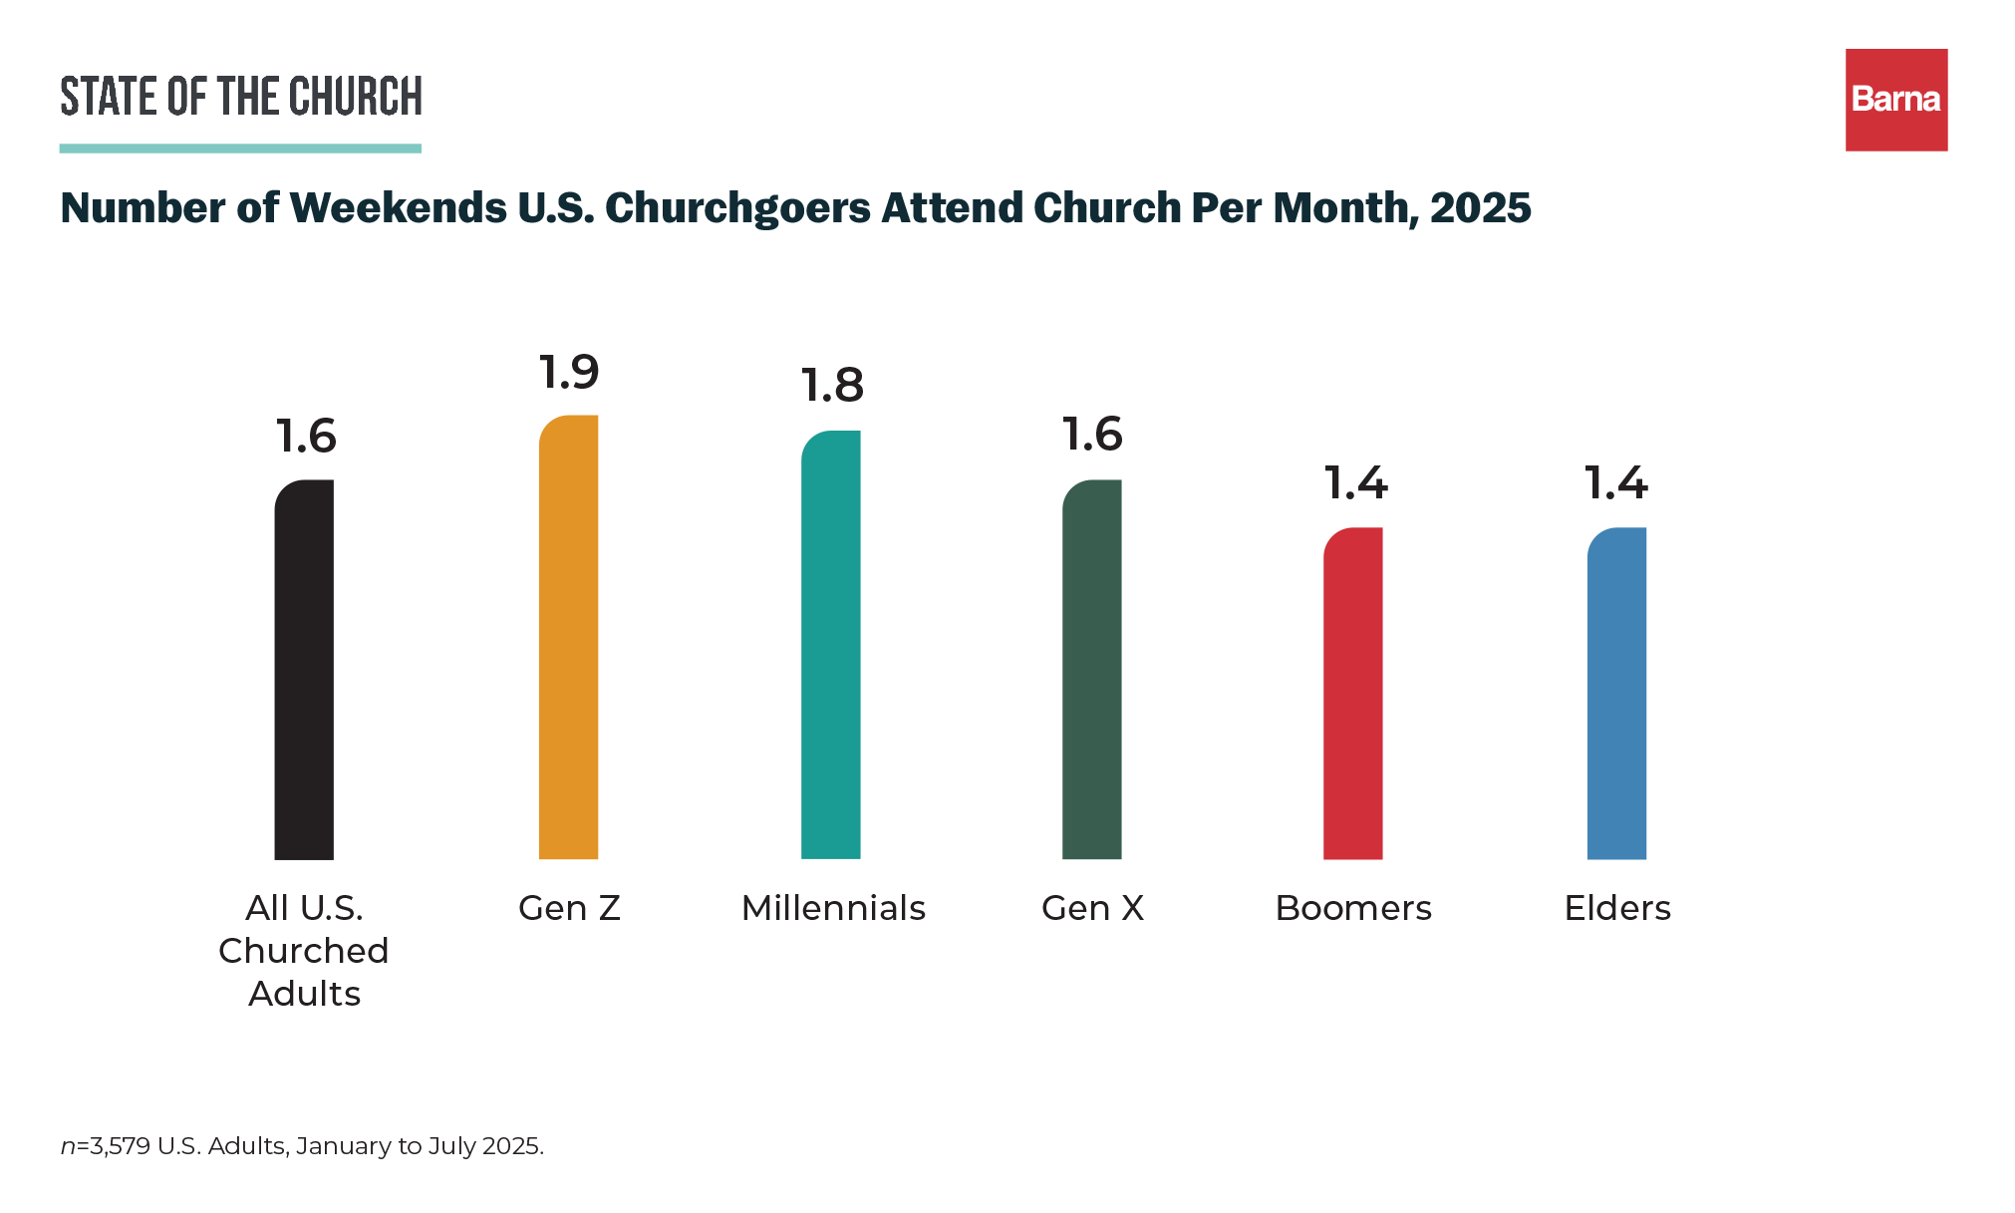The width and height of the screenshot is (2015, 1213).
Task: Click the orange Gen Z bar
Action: (568, 638)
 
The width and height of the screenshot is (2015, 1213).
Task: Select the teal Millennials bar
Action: (831, 646)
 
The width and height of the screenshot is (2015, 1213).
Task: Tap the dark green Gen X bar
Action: (1092, 670)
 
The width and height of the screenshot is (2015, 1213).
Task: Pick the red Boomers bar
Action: (1353, 694)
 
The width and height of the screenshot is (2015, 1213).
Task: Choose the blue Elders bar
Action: (1616, 694)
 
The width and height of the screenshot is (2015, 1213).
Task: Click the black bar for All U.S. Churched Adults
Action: (304, 670)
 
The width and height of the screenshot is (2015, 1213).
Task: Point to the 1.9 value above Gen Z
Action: (569, 373)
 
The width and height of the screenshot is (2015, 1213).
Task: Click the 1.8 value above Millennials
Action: (832, 386)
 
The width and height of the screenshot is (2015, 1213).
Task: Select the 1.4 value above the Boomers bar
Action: (1355, 483)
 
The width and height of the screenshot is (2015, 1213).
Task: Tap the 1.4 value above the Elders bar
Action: (1616, 483)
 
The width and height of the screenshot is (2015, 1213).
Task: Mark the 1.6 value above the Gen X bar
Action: (1092, 435)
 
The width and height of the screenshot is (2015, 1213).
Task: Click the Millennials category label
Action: (833, 908)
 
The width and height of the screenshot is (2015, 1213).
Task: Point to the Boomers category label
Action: (1353, 908)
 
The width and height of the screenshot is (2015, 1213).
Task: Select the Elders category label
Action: (1617, 908)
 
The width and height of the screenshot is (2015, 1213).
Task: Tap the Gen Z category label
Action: (569, 908)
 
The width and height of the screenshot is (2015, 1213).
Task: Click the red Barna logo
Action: (1896, 100)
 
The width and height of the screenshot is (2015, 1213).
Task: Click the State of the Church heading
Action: (240, 96)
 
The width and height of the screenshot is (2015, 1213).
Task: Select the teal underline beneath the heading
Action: (240, 149)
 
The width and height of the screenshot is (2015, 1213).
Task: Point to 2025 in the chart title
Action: (1480, 207)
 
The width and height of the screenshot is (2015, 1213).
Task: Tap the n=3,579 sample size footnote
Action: (302, 1146)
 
